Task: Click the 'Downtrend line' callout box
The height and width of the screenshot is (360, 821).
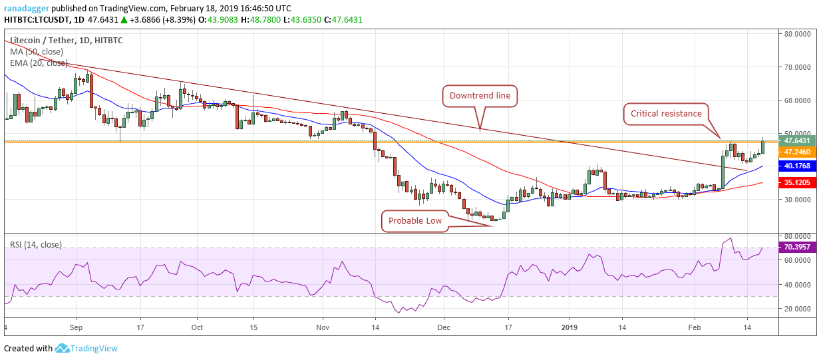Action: [x=480, y=96]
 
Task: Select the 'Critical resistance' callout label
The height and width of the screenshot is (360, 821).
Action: [x=663, y=114]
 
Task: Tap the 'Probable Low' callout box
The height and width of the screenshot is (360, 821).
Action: [x=414, y=220]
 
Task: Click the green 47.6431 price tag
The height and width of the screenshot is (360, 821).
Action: [x=797, y=140]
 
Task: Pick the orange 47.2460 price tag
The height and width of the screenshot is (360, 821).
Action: [x=797, y=152]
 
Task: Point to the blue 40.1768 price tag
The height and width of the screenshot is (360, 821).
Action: [x=797, y=166]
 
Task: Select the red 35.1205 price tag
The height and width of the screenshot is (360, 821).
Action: [x=797, y=182]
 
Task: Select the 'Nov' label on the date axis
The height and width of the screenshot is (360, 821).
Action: [x=323, y=327]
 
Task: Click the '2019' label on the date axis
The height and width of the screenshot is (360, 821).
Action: [x=570, y=327]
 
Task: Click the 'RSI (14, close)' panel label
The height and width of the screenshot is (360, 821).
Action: [x=36, y=245]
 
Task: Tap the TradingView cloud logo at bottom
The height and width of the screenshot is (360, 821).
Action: [x=63, y=348]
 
